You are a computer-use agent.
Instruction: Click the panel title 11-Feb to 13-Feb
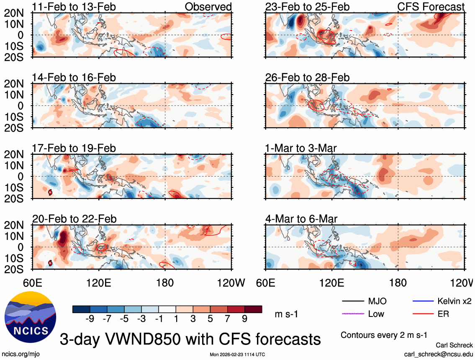pyautogui.click(x=74, y=7)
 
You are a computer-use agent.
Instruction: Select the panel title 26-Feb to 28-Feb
pyautogui.click(x=307, y=78)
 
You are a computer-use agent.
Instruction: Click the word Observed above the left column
pyautogui.click(x=208, y=7)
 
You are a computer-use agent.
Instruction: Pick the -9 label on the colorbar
pyautogui.click(x=89, y=319)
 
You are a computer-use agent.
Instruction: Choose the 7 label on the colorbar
pyautogui.click(x=227, y=319)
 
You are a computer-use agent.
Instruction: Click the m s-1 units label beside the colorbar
pyautogui.click(x=286, y=314)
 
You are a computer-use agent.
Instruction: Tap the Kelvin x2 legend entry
pyautogui.click(x=454, y=301)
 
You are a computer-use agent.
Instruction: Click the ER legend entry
pyautogui.click(x=443, y=314)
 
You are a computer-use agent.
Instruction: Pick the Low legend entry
pyautogui.click(x=375, y=314)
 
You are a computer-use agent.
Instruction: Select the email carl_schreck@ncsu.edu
pyautogui.click(x=438, y=354)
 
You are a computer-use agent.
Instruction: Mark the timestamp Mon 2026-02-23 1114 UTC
pyautogui.click(x=237, y=354)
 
